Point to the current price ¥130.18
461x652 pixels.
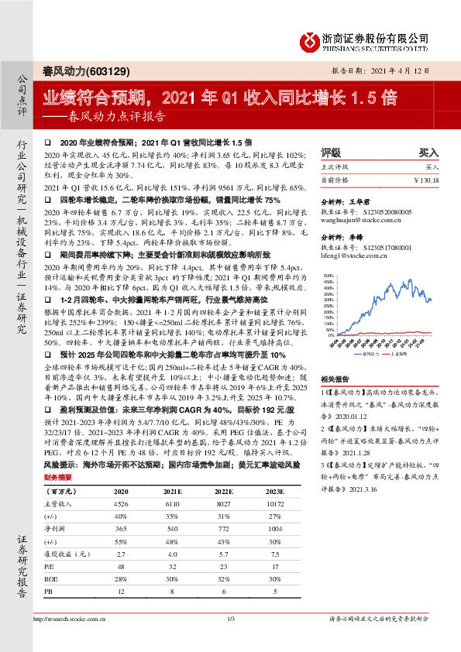pyautogui.click(x=425, y=179)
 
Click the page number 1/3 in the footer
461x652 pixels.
pyautogui.click(x=231, y=640)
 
